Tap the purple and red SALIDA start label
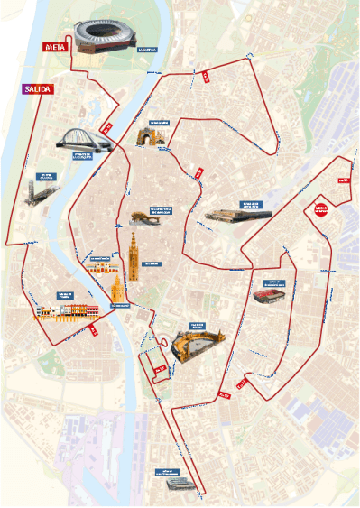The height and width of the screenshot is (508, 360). tap(40, 88)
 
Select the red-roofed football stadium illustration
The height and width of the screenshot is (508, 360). tap(270, 296)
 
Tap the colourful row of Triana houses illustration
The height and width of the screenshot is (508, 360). tap(66, 311)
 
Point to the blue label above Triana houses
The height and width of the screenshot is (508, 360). tap(65, 294)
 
